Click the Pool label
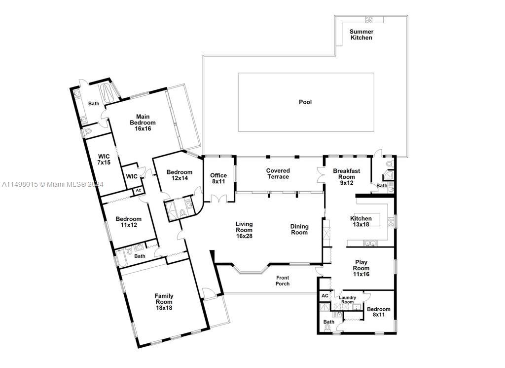point(305,102)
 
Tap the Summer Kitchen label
point(361,35)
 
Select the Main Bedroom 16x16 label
point(143,123)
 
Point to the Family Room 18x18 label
point(164,302)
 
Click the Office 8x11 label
point(218,178)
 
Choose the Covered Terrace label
point(278,173)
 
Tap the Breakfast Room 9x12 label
point(347,177)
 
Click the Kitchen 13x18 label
point(361,221)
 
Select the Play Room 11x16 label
point(361,268)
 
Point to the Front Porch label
point(283,281)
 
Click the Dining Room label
point(299,229)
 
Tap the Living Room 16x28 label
point(244,230)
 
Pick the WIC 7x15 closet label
point(104,160)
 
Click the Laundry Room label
point(347,300)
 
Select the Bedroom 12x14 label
point(180,175)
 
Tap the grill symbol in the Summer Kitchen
point(369,19)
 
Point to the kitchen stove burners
point(391,222)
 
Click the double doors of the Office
point(218,198)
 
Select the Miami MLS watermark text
point(52,184)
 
